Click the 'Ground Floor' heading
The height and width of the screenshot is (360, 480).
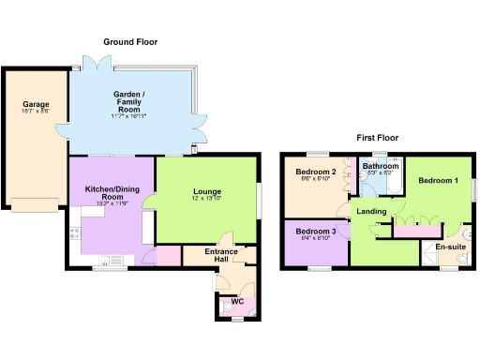pyautogui.click(x=130, y=42)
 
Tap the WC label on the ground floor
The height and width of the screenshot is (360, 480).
pyautogui.click(x=237, y=301)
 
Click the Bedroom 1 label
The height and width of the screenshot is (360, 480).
pyautogui.click(x=438, y=180)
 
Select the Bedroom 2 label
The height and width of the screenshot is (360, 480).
pyautogui.click(x=316, y=172)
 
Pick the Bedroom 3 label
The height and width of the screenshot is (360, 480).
pyautogui.click(x=315, y=231)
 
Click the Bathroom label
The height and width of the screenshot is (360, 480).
pyautogui.click(x=381, y=166)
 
